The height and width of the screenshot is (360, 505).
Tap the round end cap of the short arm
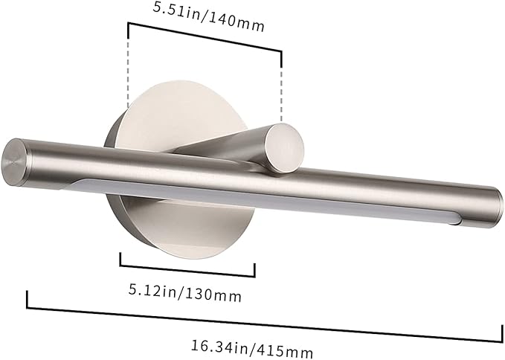pyautogui.click(x=286, y=147)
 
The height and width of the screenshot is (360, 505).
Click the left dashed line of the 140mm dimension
pyautogui.click(x=129, y=67)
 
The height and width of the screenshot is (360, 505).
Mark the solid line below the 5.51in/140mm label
pyautogui.click(x=205, y=36)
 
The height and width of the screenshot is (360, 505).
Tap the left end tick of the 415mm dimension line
pyautogui.click(x=28, y=298)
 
